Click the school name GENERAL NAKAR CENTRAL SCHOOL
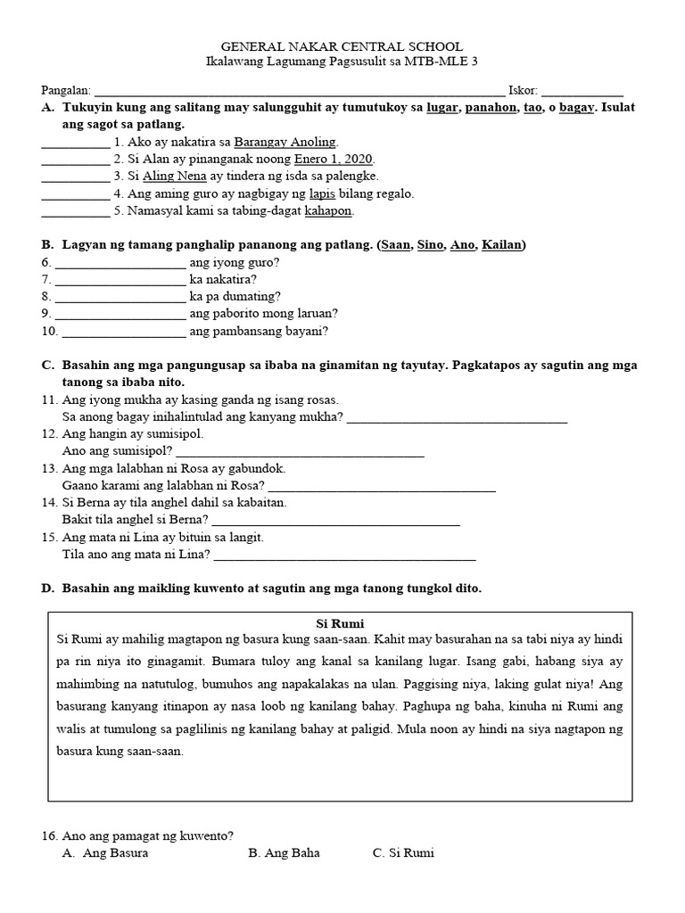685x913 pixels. [342, 46]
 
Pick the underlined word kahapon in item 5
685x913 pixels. [328, 211]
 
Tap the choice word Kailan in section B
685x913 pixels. [503, 244]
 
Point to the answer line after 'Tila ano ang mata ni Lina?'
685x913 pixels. [345, 559]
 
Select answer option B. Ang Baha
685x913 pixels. [285, 853]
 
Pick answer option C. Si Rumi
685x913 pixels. [403, 853]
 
